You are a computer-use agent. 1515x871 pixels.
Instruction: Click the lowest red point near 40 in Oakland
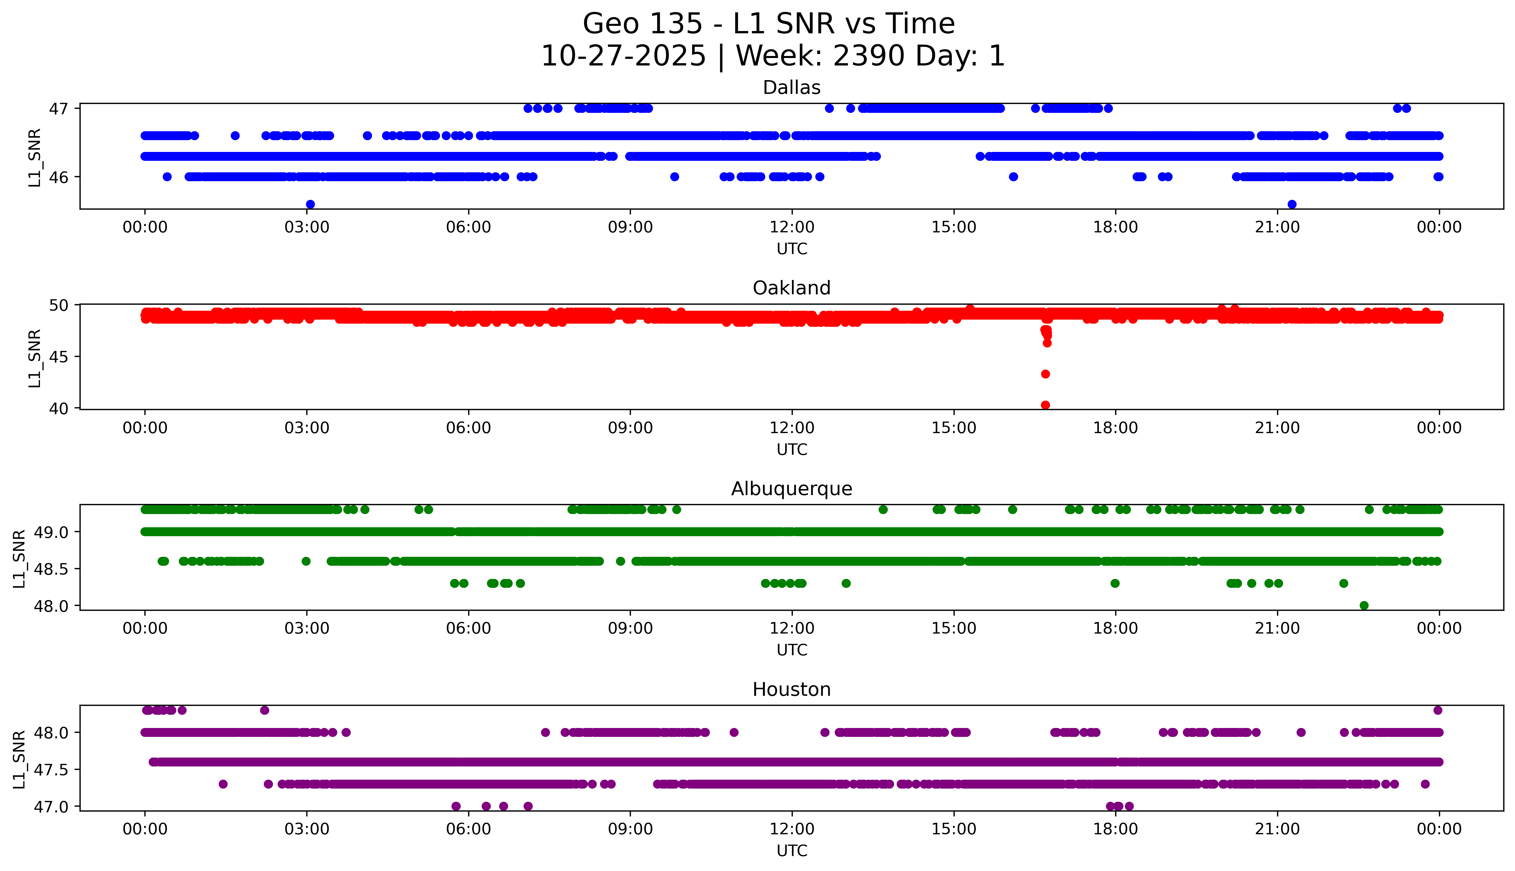point(1045,405)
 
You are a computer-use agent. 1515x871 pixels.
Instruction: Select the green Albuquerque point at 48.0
point(1364,605)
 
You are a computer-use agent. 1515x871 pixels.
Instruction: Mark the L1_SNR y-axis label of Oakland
point(35,358)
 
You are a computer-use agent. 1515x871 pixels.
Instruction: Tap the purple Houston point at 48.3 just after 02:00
point(265,710)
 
